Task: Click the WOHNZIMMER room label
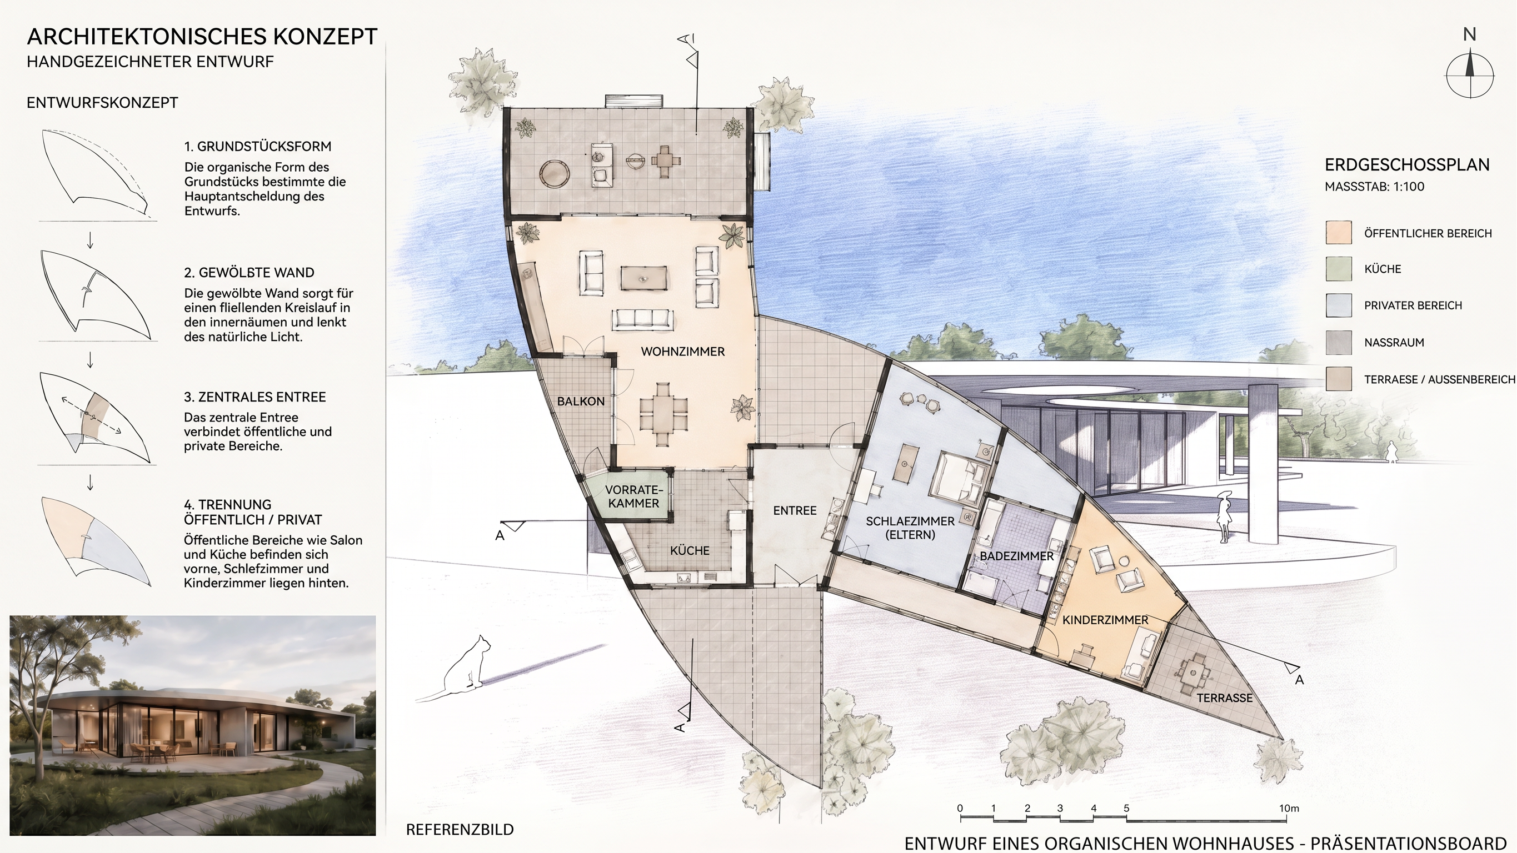click(682, 352)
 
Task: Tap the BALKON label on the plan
click(581, 402)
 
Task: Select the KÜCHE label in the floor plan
click(690, 550)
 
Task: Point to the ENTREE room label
click(795, 510)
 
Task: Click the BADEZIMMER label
click(1016, 556)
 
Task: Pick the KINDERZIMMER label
click(1105, 620)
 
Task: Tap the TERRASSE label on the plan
click(1224, 698)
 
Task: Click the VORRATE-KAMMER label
click(633, 496)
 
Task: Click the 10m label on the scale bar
click(1289, 808)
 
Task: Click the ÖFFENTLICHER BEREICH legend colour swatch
click(1338, 233)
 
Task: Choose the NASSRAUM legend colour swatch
click(1338, 343)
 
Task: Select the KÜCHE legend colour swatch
click(1338, 269)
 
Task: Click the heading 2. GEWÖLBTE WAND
click(249, 273)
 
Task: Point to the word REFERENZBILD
click(460, 830)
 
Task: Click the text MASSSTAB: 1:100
click(1375, 187)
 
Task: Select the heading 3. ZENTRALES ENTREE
click(255, 397)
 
